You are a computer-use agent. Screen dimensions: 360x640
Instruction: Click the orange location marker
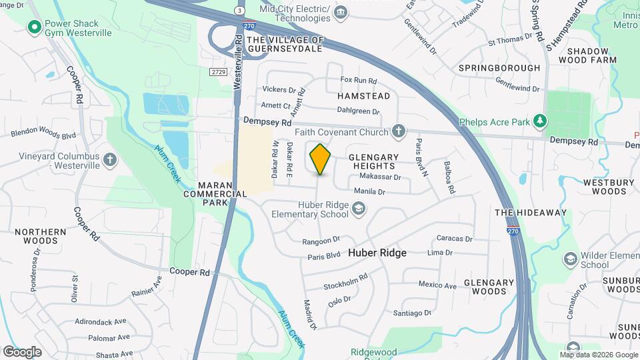(x=320, y=159)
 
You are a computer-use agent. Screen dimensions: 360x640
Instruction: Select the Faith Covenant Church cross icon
(x=399, y=131)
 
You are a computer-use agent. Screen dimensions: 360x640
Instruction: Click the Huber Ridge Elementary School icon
(x=359, y=211)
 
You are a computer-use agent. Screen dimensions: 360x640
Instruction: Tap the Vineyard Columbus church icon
(x=109, y=160)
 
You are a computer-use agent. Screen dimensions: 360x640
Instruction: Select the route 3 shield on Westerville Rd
(x=238, y=11)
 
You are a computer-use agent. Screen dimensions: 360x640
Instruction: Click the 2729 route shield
(x=218, y=72)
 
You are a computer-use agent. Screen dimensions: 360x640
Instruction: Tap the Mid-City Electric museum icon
(x=341, y=12)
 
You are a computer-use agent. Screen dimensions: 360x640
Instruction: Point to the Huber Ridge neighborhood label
(x=377, y=253)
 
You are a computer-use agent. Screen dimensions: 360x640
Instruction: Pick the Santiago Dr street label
(x=413, y=313)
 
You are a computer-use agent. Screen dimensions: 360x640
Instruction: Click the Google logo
(x=22, y=351)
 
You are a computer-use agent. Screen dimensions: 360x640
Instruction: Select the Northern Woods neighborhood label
(x=41, y=237)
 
